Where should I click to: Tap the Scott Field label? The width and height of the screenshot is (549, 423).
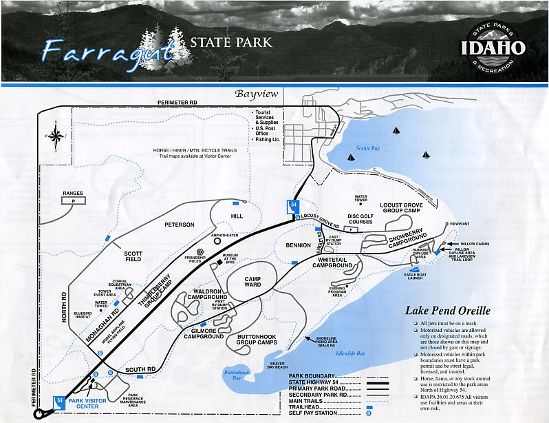133,256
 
